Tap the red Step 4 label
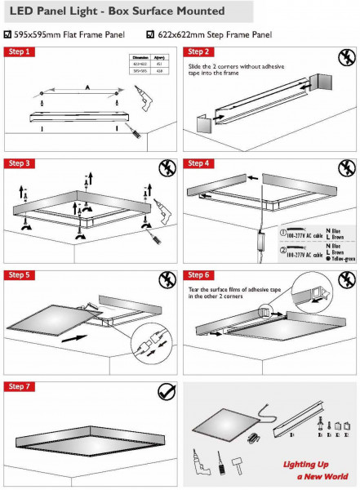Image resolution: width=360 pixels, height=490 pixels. [201, 163]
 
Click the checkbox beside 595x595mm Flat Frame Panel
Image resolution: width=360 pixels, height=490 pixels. [7, 34]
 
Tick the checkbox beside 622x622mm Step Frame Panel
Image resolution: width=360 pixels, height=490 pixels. [149, 34]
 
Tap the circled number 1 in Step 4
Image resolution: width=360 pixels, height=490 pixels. [283, 229]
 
